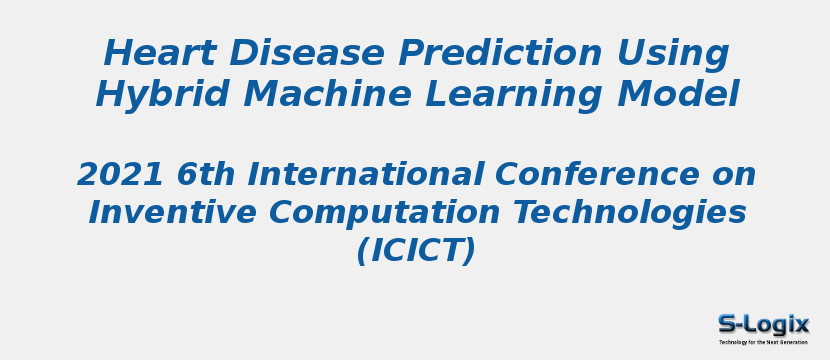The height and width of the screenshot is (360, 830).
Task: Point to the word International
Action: tap(364, 175)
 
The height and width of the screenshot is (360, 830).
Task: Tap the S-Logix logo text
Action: tap(763, 324)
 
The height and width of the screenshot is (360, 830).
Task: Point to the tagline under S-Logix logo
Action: tap(763, 342)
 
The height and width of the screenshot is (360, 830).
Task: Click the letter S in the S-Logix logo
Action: tap(727, 324)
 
